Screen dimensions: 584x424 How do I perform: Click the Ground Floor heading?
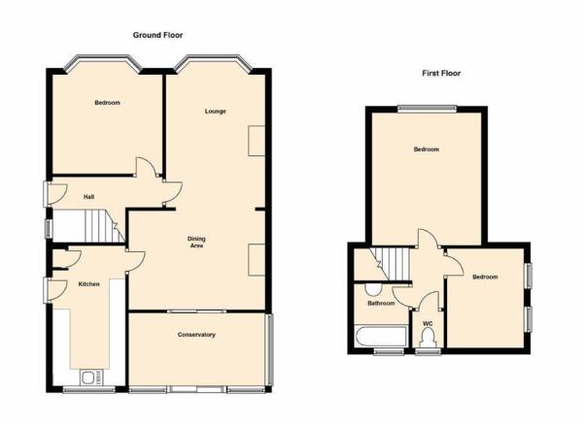(x=157, y=35)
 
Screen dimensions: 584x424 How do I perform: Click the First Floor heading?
(x=441, y=74)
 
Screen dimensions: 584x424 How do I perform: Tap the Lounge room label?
(x=216, y=112)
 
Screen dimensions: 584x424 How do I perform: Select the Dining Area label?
(x=196, y=243)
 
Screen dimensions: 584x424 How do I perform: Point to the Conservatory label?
(x=196, y=335)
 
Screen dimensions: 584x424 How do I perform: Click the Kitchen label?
(x=89, y=284)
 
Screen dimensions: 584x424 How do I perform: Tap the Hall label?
(x=88, y=197)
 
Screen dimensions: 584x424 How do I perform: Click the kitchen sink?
(x=91, y=377)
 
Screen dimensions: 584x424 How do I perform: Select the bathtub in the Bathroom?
(x=381, y=337)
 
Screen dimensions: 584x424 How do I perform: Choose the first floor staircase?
(x=390, y=264)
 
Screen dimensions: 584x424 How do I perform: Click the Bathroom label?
(x=381, y=304)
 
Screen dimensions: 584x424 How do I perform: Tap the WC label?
(x=428, y=324)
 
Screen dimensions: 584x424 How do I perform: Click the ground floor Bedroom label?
(x=107, y=103)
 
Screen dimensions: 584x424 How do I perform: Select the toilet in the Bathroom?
(x=373, y=288)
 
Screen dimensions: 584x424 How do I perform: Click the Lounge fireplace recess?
(x=257, y=141)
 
